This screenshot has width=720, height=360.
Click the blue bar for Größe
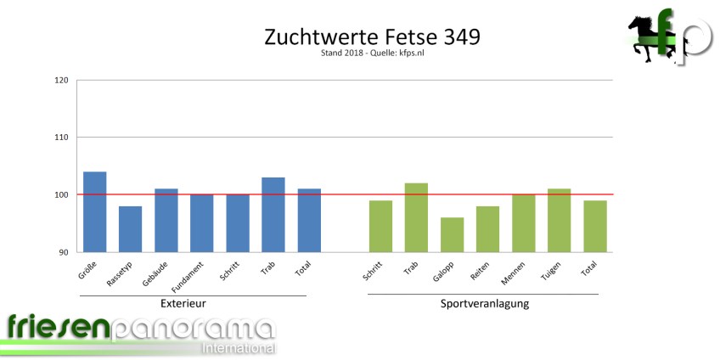(x=95, y=211)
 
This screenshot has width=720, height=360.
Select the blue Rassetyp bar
(x=130, y=228)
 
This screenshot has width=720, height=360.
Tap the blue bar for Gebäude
(x=166, y=220)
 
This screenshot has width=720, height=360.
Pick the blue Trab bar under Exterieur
(x=273, y=214)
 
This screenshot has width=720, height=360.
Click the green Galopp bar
(x=452, y=234)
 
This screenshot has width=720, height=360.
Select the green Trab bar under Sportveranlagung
(x=416, y=217)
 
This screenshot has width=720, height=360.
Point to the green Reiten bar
(x=487, y=228)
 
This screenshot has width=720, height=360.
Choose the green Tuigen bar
(x=559, y=220)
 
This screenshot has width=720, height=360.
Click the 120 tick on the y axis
(x=60, y=81)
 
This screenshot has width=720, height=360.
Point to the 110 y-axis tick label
(x=60, y=138)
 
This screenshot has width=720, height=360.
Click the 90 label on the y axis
(x=63, y=252)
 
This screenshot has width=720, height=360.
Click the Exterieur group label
(x=183, y=303)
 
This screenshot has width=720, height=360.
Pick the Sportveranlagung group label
(x=485, y=303)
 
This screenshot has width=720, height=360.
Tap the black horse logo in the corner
(x=647, y=39)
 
